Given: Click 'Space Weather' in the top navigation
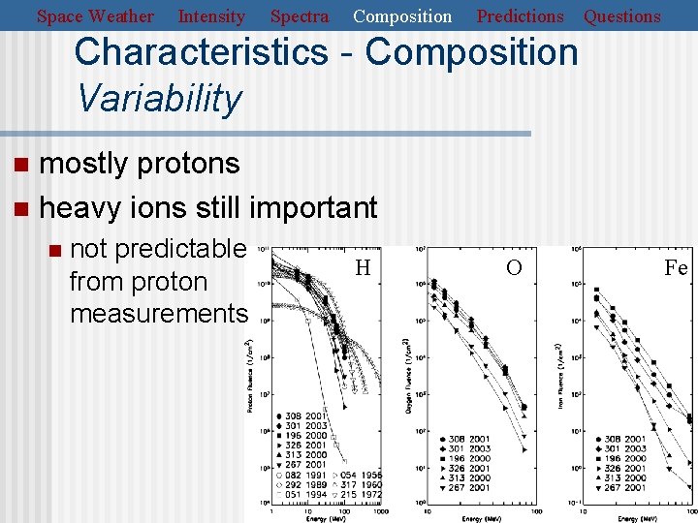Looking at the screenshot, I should pyautogui.click(x=95, y=16).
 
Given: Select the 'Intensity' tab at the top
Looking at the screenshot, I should pyautogui.click(x=211, y=16).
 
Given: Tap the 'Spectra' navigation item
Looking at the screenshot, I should pyautogui.click(x=299, y=16).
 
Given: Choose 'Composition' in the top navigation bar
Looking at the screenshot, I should pyautogui.click(x=402, y=16).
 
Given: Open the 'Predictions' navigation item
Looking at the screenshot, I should pyautogui.click(x=520, y=16).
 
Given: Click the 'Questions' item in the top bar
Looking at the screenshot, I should pyautogui.click(x=621, y=16).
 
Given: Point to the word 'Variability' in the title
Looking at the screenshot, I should pyautogui.click(x=158, y=98).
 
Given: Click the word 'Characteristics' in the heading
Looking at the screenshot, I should pyautogui.click(x=201, y=52).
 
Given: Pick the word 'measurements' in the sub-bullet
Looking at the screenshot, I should pyautogui.click(x=159, y=314).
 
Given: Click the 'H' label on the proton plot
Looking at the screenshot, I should pyautogui.click(x=363, y=267).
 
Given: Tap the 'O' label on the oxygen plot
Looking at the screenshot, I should pyautogui.click(x=514, y=267).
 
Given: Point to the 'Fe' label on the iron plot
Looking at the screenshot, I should pyautogui.click(x=676, y=267).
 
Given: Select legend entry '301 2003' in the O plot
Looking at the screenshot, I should pyautogui.click(x=467, y=448).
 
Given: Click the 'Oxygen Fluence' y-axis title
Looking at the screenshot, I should pyautogui.click(x=407, y=376).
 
